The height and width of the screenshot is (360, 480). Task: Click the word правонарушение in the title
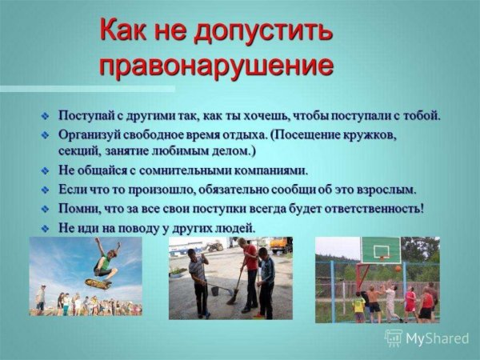216,64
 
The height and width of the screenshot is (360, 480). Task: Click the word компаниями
267,170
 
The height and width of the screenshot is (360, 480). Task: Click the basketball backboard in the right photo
382,250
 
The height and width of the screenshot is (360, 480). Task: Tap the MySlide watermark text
436,338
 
